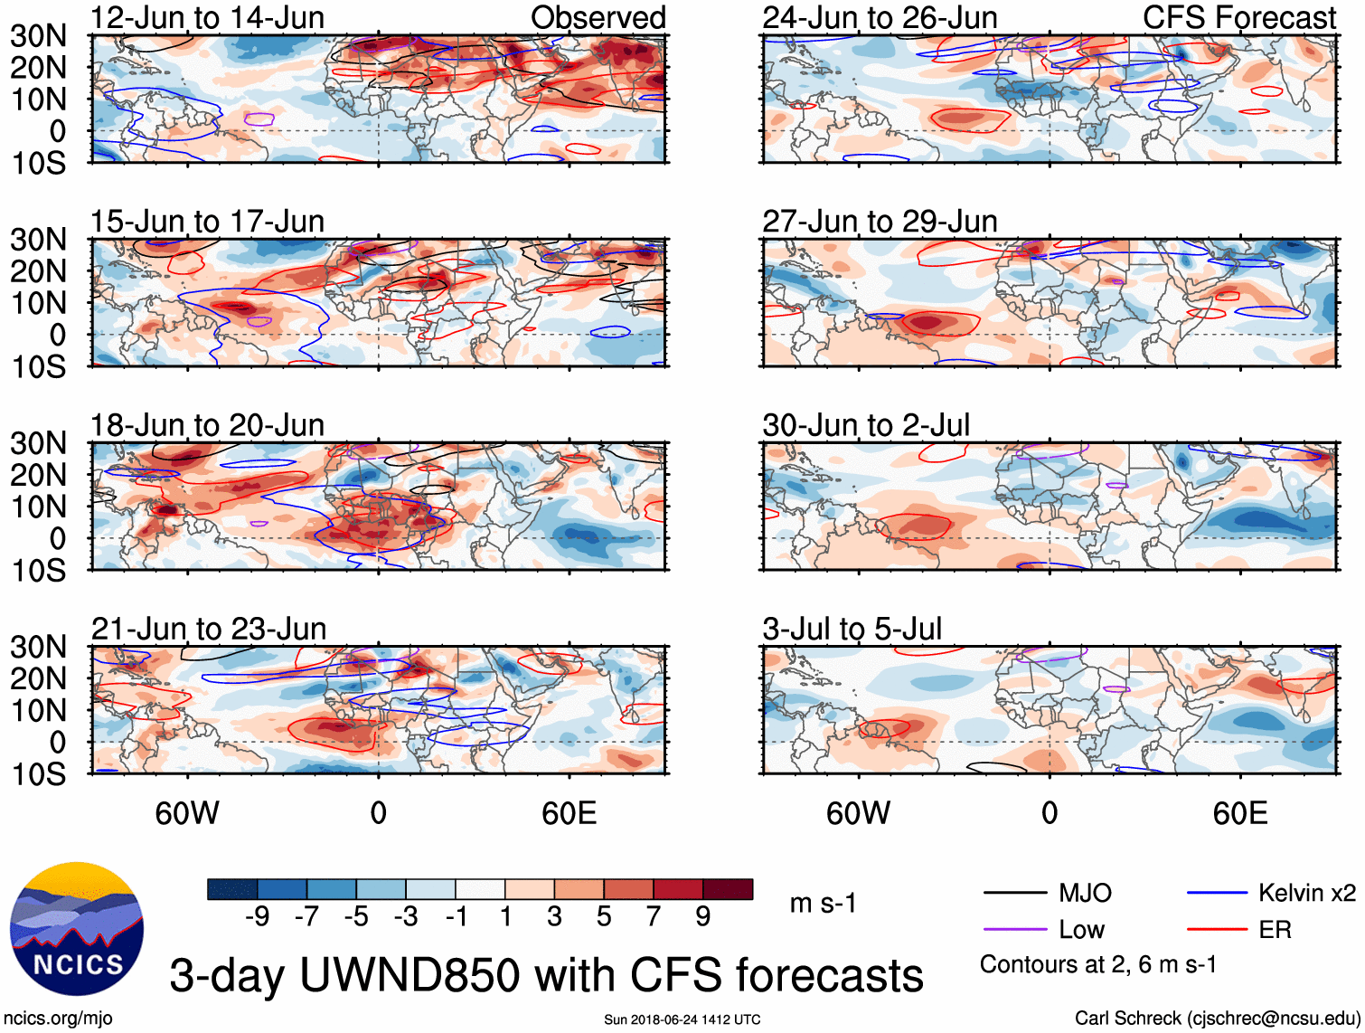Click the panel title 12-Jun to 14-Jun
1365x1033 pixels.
(207, 18)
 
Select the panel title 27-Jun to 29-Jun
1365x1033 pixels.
(880, 222)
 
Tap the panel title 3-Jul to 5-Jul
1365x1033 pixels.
(852, 629)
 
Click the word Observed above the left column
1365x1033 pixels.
(598, 18)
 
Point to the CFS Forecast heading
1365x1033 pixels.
(1238, 18)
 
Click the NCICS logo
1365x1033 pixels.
(77, 929)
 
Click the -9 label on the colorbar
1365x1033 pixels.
(257, 917)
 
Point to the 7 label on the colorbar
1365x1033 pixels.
(654, 917)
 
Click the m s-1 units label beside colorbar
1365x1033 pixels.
(823, 904)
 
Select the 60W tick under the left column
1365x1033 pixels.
(187, 813)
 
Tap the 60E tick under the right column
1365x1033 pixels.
(1239, 813)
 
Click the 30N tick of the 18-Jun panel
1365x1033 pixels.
(38, 443)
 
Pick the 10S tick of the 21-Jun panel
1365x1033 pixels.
(38, 774)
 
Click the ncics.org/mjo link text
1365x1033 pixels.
(59, 1019)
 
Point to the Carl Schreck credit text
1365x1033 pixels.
(1217, 1019)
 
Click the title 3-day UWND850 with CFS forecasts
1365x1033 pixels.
(546, 975)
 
